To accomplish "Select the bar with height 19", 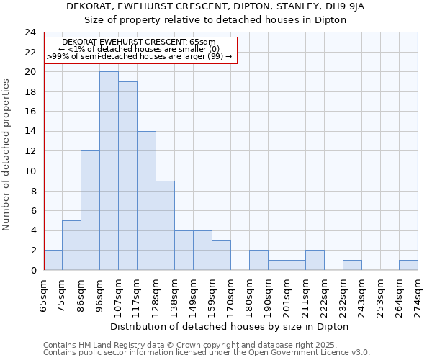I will (x=127, y=176).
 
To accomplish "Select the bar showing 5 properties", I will (x=71, y=245).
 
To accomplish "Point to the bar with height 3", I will (x=221, y=255).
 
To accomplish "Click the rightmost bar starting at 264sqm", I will (x=408, y=265).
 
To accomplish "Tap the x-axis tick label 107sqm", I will (x=118, y=294).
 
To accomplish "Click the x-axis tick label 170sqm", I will (x=230, y=294).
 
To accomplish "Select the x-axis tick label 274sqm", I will (x=418, y=294).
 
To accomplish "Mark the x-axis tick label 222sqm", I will (x=324, y=294).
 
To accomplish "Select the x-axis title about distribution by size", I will (x=230, y=327).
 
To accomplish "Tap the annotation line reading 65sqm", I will (x=139, y=42).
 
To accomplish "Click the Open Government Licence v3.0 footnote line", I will (x=207, y=353).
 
